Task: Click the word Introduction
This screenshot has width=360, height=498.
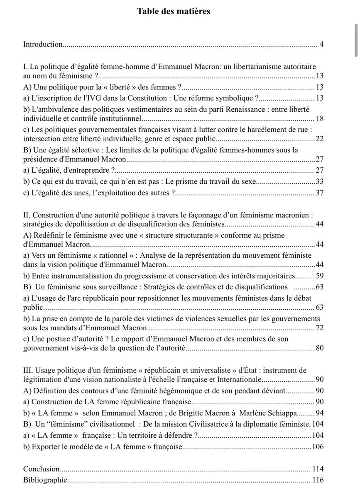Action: point(43,44)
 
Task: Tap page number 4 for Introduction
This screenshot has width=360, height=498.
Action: point(322,44)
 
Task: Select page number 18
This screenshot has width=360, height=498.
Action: point(320,119)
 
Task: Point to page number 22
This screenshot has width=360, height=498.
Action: point(320,139)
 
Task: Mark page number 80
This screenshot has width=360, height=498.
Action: point(320,348)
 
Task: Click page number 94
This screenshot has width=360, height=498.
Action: point(320,413)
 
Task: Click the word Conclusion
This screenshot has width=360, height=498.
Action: point(42,469)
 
